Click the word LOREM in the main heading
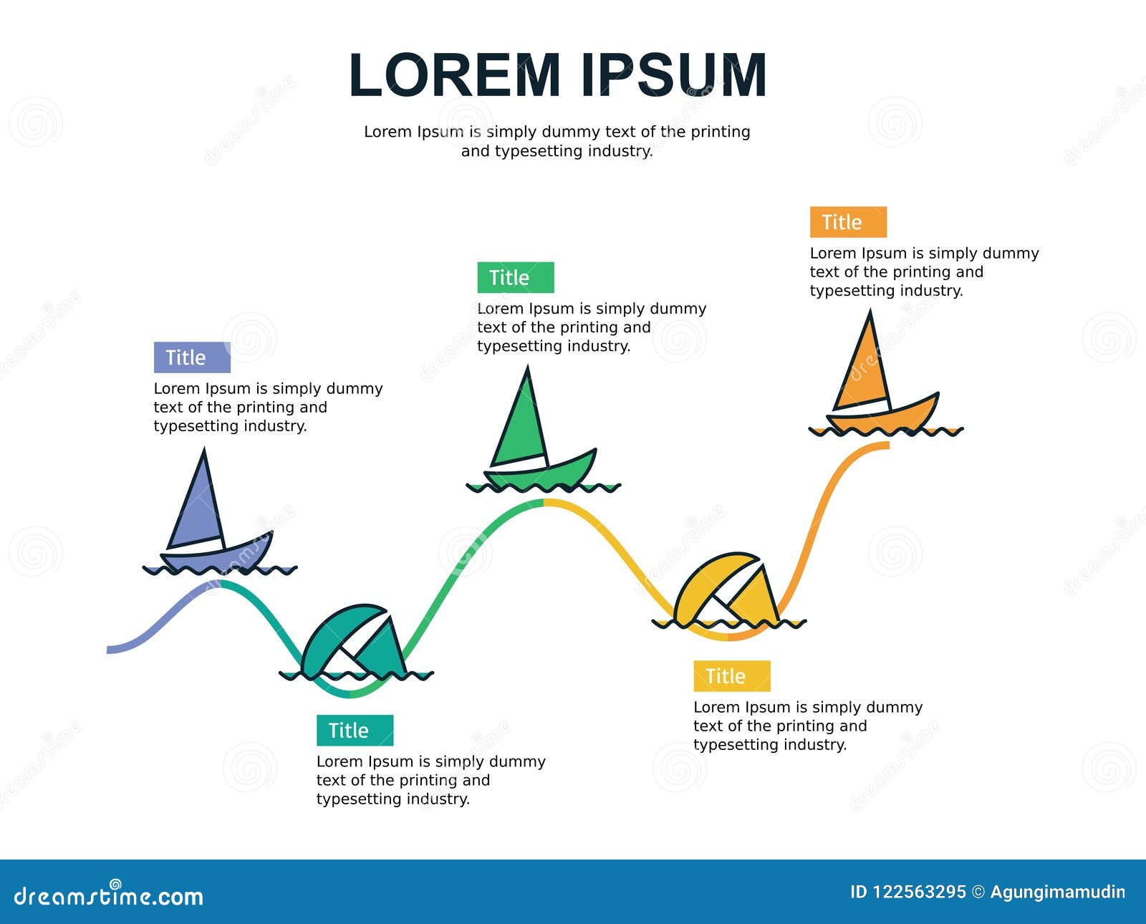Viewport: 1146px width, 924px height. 454,75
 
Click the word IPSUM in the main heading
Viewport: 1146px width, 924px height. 674,75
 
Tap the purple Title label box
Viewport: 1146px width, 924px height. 192,357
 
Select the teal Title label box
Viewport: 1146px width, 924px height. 355,730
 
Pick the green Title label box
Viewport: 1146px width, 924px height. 516,277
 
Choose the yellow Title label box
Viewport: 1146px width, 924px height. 732,676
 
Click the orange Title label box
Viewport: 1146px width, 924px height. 848,222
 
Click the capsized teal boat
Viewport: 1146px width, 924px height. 354,642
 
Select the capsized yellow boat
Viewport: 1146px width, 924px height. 728,589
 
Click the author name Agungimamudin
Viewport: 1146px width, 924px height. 1058,892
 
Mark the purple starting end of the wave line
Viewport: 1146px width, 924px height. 108,650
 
